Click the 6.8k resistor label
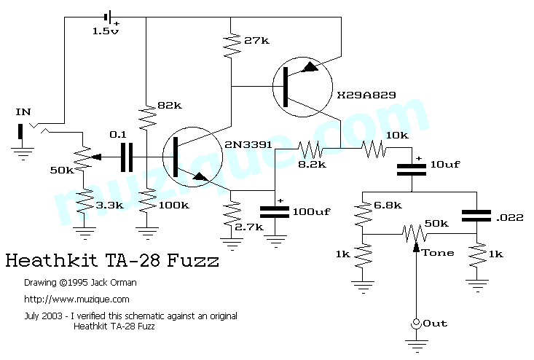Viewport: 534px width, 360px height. (388, 206)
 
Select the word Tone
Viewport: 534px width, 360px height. (437, 253)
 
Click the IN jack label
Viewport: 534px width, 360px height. (23, 111)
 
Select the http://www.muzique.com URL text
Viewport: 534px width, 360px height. (76, 299)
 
